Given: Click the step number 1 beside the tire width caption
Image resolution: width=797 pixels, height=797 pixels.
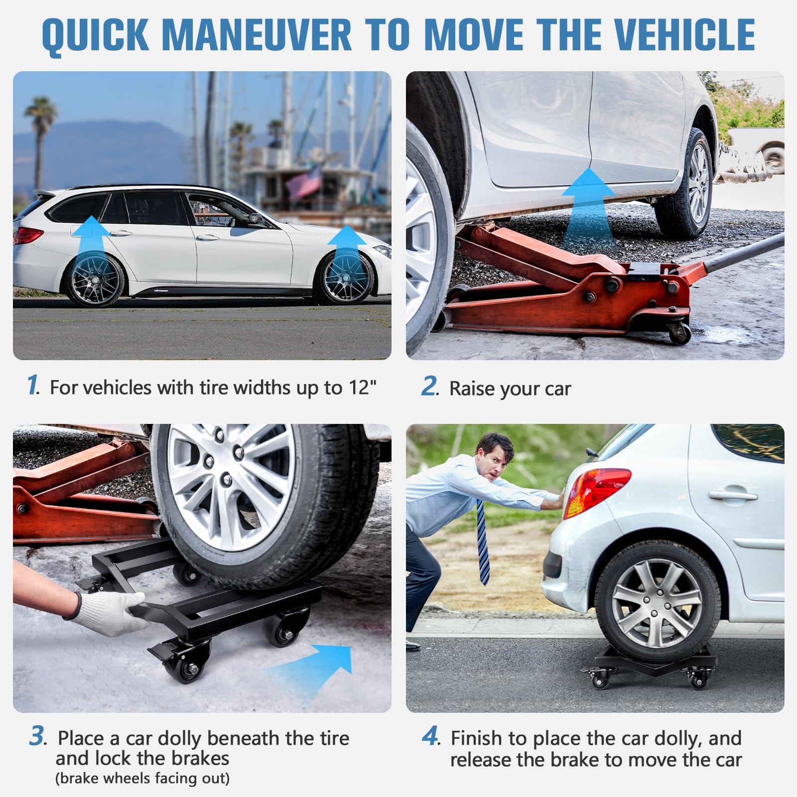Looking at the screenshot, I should pyautogui.click(x=33, y=386).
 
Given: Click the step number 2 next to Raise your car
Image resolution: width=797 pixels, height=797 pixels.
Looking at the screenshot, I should pyautogui.click(x=429, y=387).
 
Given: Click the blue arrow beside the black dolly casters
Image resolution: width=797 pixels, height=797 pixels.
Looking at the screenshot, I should pyautogui.click(x=319, y=667).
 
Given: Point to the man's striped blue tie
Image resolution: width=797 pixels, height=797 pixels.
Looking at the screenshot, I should pyautogui.click(x=482, y=543).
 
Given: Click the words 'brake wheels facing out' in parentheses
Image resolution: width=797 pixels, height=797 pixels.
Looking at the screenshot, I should pyautogui.click(x=142, y=778).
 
